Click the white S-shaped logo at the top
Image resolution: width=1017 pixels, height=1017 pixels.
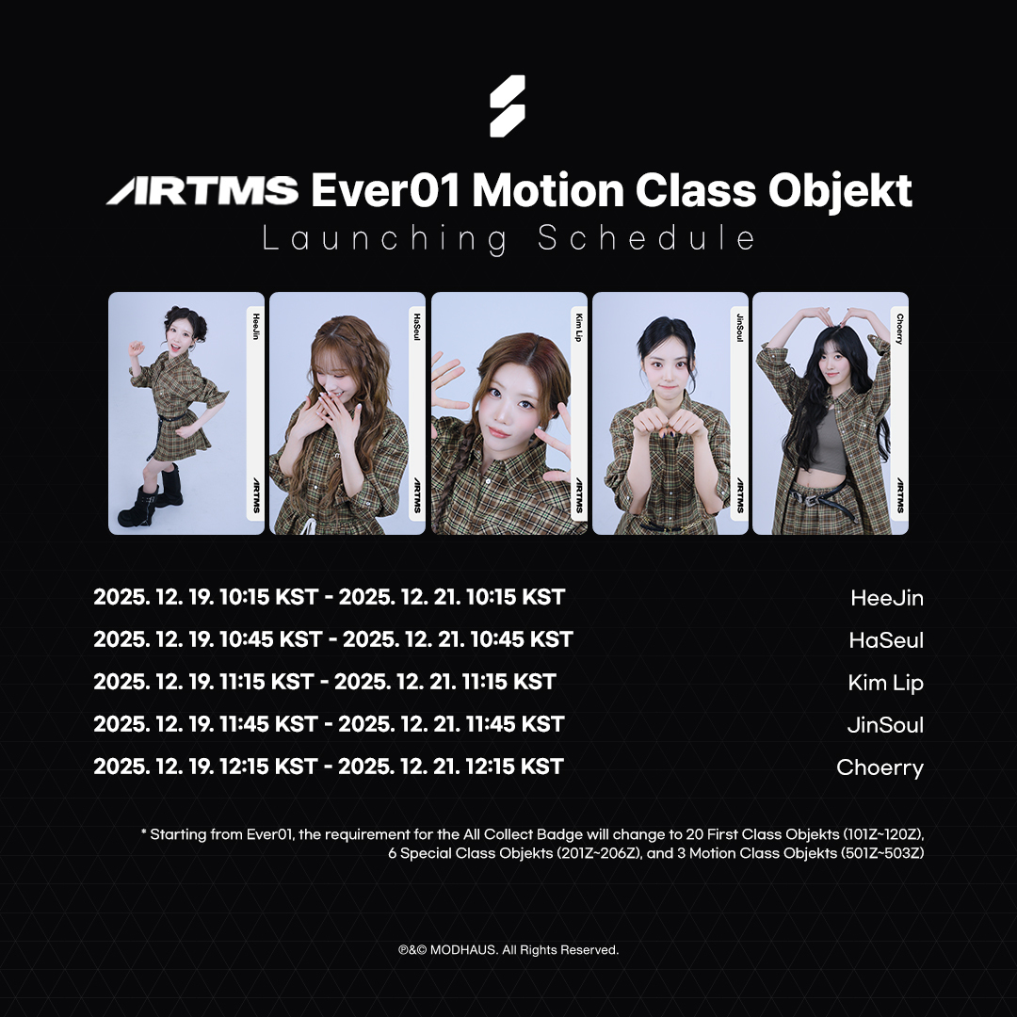508,106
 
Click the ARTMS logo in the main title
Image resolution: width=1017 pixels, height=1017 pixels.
202,190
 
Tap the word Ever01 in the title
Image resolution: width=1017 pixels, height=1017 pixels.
385,190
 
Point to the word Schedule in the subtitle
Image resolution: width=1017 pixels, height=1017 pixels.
646,237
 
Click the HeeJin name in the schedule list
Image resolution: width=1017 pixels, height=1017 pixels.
887,598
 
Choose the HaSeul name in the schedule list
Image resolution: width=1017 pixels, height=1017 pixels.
886,640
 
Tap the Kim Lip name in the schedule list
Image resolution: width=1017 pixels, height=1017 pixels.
885,683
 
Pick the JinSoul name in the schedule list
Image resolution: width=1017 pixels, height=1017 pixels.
885,724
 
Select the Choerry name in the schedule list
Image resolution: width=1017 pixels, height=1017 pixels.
880,767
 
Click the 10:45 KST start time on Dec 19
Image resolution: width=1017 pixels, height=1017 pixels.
271,638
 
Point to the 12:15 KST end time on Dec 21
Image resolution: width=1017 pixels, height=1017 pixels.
514,766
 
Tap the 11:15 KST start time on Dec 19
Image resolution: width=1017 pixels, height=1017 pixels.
267,681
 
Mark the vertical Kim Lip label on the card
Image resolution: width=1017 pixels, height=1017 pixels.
578,327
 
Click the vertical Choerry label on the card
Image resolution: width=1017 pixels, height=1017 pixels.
899,329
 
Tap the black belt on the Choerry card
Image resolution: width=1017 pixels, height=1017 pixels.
817,495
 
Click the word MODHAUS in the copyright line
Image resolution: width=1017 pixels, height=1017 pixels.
463,949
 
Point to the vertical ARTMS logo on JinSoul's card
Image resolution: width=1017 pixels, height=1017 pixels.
739,495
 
